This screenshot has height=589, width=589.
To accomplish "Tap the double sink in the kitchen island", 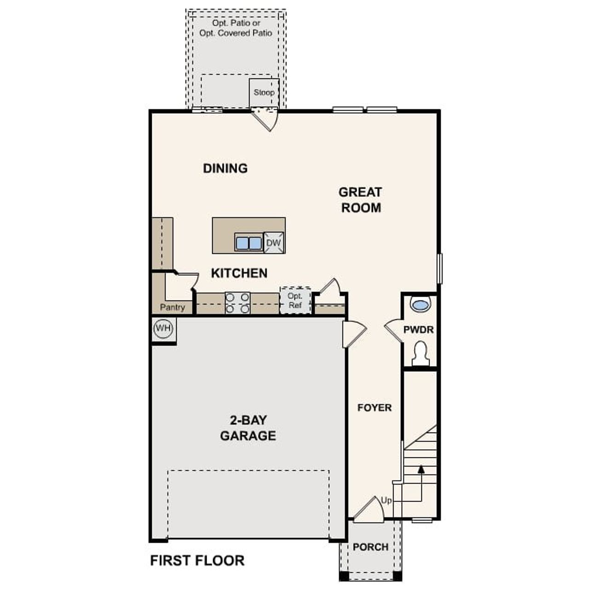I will [x=248, y=243].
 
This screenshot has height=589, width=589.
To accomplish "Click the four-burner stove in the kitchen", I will [x=237, y=303].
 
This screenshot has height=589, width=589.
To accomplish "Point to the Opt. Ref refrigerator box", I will [x=295, y=300].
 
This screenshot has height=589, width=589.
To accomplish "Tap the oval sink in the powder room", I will [x=420, y=305].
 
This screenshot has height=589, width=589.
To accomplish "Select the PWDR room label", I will [x=418, y=330].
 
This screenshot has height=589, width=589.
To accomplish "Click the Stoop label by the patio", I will [x=264, y=92].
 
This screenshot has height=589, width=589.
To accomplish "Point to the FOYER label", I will [x=375, y=408].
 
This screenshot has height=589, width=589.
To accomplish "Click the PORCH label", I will [x=370, y=547].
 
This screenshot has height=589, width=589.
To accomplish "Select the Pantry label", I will [x=173, y=307].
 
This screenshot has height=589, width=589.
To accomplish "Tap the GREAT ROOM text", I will [x=360, y=200].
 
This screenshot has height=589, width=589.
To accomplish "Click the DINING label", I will [x=225, y=168].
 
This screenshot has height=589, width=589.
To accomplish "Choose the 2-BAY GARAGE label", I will [x=248, y=428].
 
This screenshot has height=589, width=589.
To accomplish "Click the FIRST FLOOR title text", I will [x=197, y=560].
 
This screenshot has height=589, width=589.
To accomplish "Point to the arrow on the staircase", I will [x=421, y=469].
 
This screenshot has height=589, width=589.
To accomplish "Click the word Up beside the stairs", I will [x=387, y=500].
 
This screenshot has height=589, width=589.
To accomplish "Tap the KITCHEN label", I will [x=239, y=273].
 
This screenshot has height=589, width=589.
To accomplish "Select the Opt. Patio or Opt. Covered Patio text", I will [x=236, y=28].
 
